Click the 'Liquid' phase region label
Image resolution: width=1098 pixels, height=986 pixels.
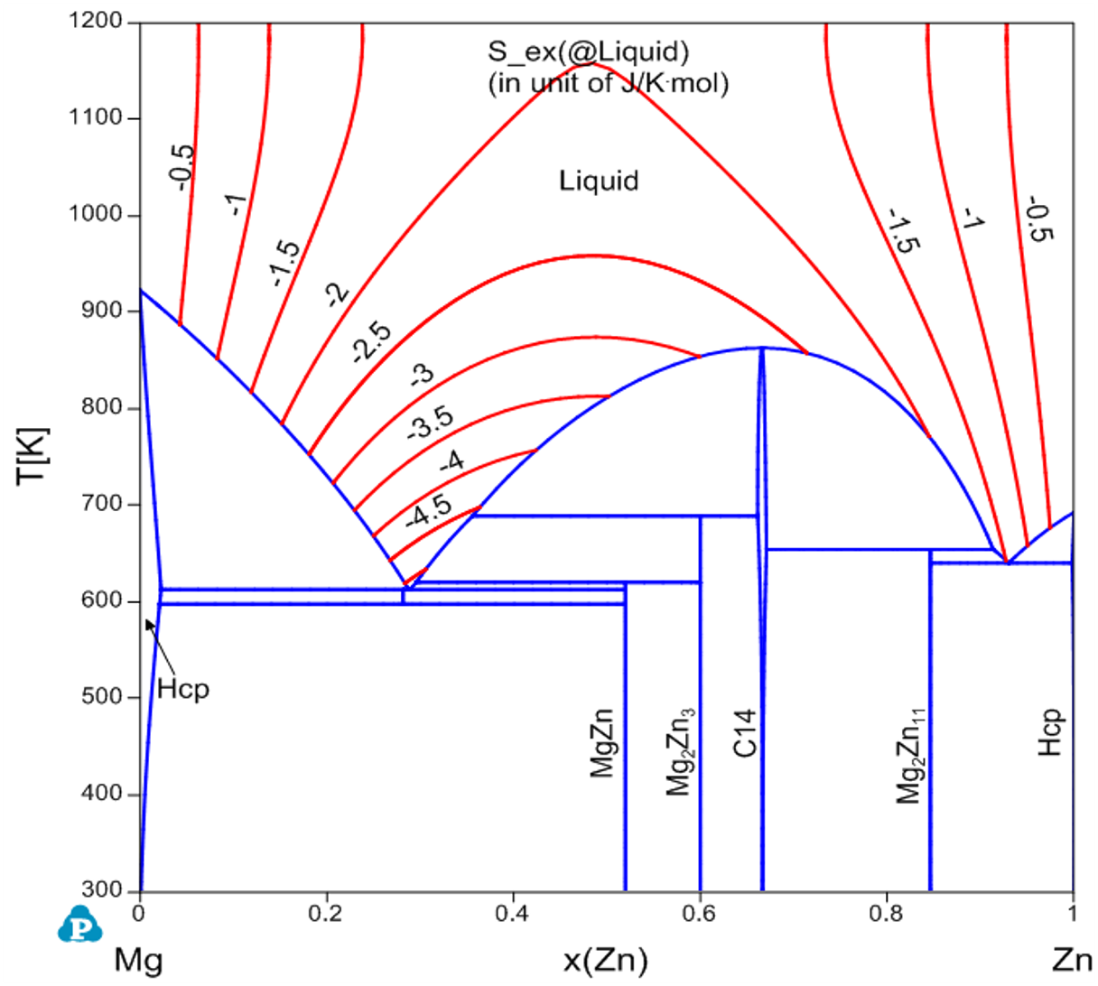(599, 181)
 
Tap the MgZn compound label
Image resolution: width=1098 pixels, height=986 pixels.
(602, 744)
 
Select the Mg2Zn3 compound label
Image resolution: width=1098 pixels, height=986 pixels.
(679, 750)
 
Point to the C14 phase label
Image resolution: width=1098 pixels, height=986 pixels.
(744, 734)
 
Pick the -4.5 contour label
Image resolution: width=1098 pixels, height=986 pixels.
(429, 511)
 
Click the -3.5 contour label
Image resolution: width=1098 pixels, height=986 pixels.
(430, 423)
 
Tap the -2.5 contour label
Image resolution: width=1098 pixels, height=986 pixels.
(371, 342)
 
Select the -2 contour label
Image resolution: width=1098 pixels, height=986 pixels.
(336, 294)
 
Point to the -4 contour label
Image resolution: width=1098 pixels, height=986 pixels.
(451, 462)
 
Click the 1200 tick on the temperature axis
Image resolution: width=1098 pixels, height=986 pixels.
(96, 22)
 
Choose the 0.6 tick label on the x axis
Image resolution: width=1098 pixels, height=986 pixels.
(699, 913)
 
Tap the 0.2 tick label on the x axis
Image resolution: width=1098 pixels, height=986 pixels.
(325, 913)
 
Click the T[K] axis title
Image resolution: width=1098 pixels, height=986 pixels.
(33, 455)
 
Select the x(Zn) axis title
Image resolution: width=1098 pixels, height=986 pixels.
(605, 959)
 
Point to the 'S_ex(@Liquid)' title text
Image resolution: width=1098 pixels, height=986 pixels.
(588, 52)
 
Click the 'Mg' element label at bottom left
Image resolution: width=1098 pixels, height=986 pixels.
(138, 959)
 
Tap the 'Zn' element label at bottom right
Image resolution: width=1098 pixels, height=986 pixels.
(1072, 959)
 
